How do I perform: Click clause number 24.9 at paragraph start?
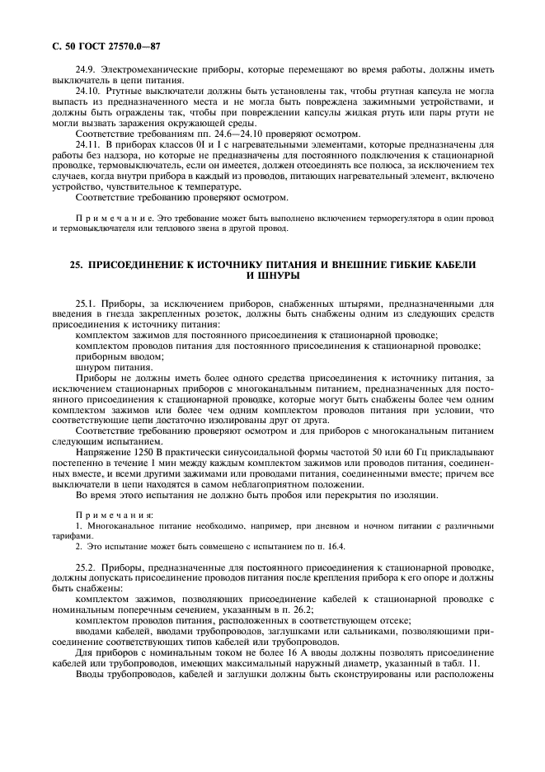86,72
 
